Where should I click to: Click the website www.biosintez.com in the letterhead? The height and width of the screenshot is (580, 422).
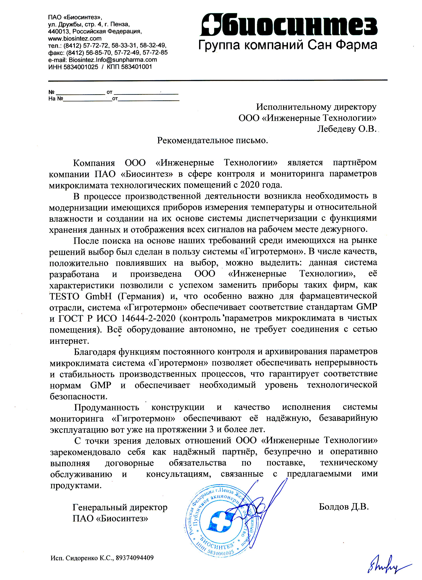tap(75, 39)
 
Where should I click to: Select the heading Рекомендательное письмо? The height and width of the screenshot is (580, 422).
tap(212, 140)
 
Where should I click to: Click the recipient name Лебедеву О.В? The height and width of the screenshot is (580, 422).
tap(347, 129)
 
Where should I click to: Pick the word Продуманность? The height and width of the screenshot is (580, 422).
tap(107, 407)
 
